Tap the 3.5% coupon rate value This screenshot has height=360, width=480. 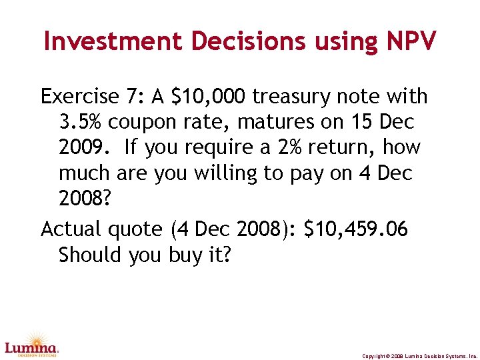(x=81, y=123)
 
